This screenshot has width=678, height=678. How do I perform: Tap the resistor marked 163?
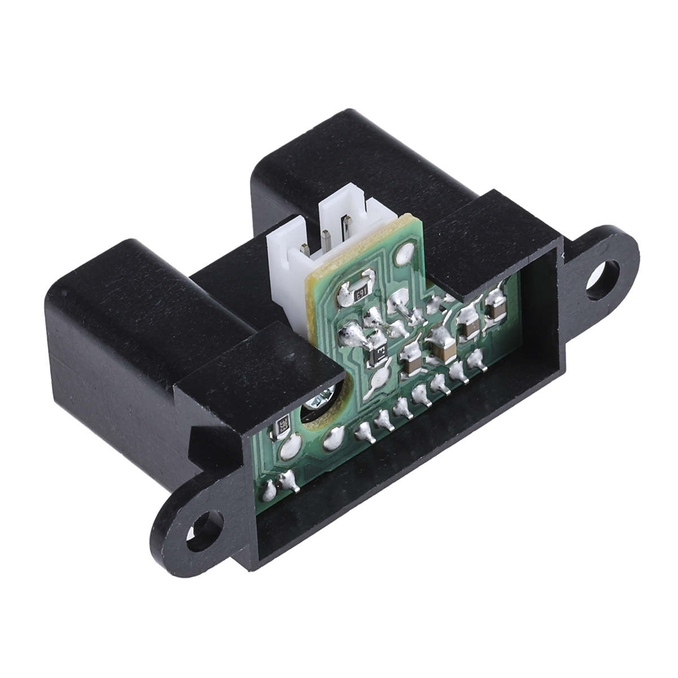[x=360, y=293]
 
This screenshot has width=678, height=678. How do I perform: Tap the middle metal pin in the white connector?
[x=327, y=238]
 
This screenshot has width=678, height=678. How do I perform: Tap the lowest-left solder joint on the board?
[x=270, y=490]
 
